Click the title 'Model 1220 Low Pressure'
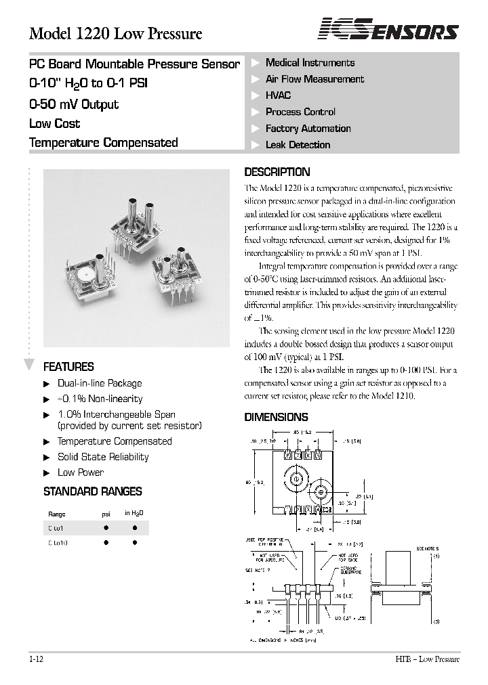[115, 33]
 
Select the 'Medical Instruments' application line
[310, 63]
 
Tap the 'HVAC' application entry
[278, 95]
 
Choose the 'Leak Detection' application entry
[298, 145]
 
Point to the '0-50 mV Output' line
[74, 104]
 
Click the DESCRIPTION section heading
[277, 172]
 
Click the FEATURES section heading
[68, 367]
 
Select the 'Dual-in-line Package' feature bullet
[100, 383]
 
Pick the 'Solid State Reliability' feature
[103, 457]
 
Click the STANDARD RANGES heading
[92, 491]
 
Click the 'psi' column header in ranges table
[106, 514]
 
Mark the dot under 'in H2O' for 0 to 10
[134, 542]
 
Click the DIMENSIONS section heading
[276, 417]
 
